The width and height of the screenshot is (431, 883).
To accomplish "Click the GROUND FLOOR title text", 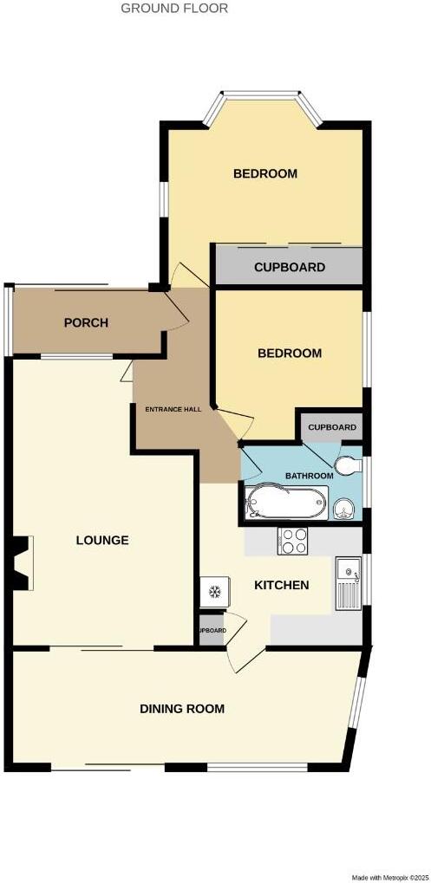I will tap(174, 9).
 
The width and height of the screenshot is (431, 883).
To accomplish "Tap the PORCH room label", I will tap(86, 323).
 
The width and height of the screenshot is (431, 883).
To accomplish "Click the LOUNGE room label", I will tap(102, 541).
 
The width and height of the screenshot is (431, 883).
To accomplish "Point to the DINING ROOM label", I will tap(182, 709).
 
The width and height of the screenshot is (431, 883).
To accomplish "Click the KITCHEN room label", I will tap(281, 586).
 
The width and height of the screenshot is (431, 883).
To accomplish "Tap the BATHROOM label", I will tap(310, 477).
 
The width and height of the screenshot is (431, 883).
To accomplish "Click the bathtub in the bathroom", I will tap(285, 502).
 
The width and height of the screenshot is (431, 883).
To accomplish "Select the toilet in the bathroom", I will tap(348, 466).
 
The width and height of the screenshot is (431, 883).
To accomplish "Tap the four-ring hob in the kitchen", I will tap(293, 542).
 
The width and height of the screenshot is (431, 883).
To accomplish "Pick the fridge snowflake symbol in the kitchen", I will tap(214, 593).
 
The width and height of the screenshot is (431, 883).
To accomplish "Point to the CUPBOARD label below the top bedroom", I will tap(290, 268).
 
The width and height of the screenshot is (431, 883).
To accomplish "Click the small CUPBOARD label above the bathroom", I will tap(332, 428).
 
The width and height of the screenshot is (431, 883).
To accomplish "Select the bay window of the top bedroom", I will tap(264, 97).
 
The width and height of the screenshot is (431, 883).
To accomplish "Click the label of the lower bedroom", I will tap(290, 354).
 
